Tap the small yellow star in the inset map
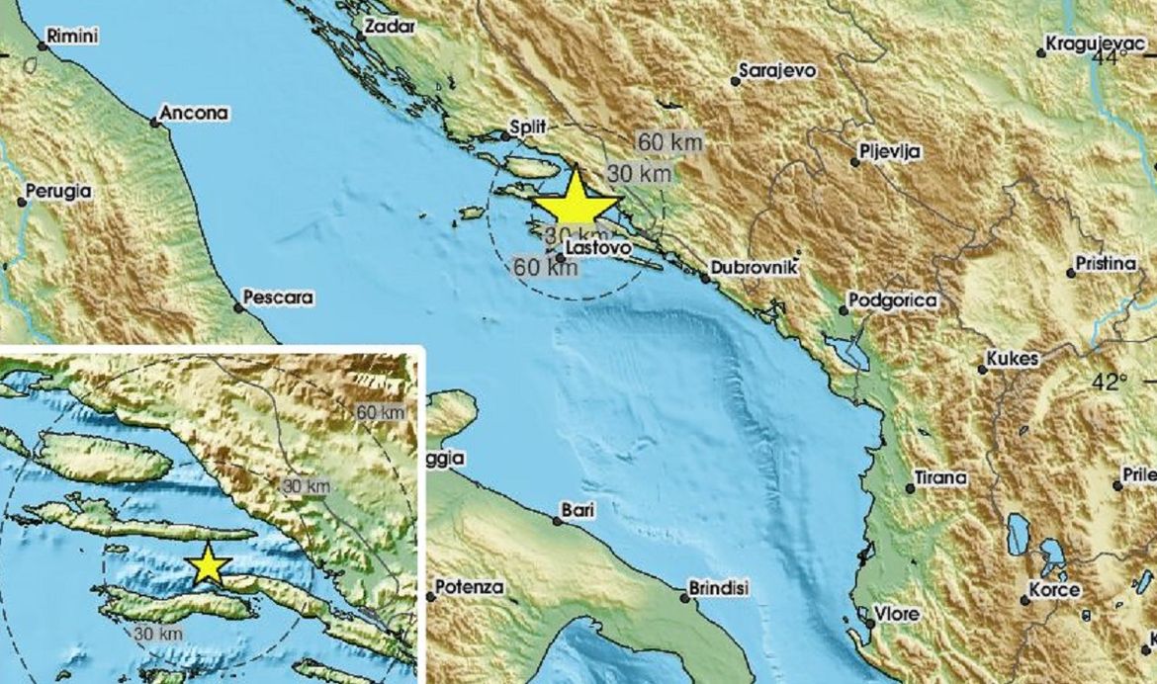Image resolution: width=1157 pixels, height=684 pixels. click(x=209, y=564)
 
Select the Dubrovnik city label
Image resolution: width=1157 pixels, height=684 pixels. click(x=748, y=268)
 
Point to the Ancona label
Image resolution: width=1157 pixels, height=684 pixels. click(x=195, y=114)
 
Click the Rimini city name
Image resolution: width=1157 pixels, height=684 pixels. click(x=75, y=37)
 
